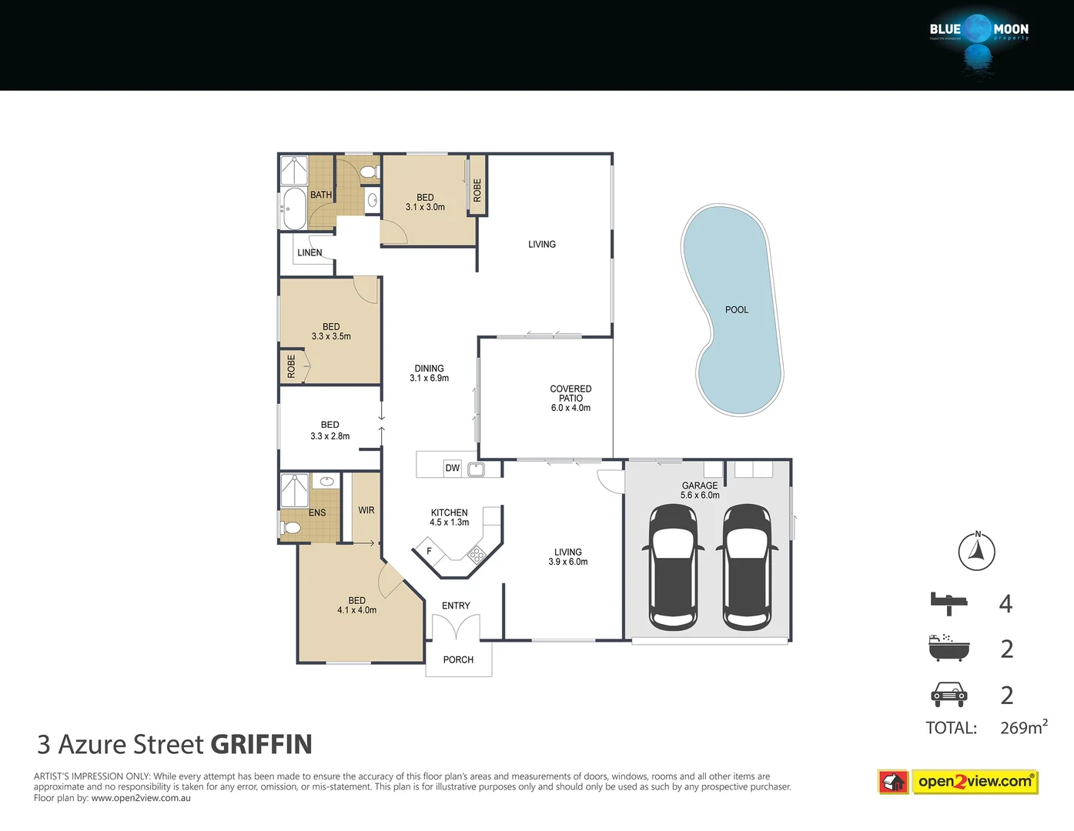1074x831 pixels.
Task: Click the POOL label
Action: [x=736, y=309]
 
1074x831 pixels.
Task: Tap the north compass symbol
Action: [x=976, y=551]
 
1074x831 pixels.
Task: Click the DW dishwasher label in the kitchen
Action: [x=452, y=468]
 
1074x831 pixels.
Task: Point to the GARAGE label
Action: [x=699, y=486]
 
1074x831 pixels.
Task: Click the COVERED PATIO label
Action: [x=570, y=393]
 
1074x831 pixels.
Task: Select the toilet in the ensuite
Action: [x=290, y=528]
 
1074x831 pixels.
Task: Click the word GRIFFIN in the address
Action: [x=261, y=744]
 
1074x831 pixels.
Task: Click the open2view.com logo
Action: [x=974, y=782]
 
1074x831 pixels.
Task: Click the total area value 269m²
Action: [x=1023, y=727]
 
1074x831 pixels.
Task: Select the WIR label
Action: [x=366, y=510]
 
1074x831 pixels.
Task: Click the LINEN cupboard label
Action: [x=309, y=252]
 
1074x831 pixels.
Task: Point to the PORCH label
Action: [x=458, y=659]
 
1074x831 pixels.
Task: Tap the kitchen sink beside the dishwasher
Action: [x=477, y=469]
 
